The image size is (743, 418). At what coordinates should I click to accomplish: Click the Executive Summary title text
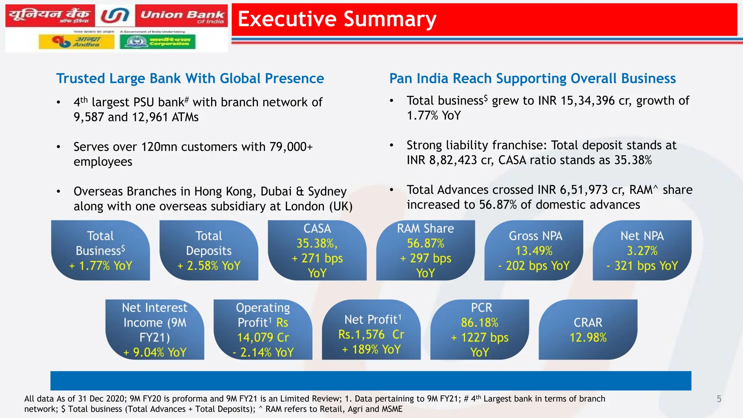tap(337, 19)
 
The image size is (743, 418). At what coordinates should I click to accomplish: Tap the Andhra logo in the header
tap(77, 42)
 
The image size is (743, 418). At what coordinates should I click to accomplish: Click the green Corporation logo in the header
tap(158, 42)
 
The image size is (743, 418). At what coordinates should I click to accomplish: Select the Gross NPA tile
tap(534, 250)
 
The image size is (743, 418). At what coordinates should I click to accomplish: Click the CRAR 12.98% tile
tap(588, 329)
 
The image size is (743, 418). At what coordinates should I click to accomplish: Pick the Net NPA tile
tap(642, 250)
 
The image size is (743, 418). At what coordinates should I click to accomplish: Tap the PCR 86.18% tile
tap(480, 329)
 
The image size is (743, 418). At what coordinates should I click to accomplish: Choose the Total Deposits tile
tap(209, 250)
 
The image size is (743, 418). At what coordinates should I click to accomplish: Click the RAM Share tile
tap(425, 250)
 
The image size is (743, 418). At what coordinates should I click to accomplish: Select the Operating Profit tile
tap(263, 329)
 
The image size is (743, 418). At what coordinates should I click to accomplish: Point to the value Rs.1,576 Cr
tap(371, 334)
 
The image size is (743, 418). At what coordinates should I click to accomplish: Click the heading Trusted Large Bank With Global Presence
tap(190, 78)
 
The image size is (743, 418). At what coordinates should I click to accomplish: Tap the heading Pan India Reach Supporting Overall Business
tap(532, 78)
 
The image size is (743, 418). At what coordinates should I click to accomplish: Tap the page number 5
tap(719, 399)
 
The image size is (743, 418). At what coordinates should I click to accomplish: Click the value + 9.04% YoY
tap(155, 352)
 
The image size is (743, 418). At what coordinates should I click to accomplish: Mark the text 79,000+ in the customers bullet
tap(291, 147)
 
